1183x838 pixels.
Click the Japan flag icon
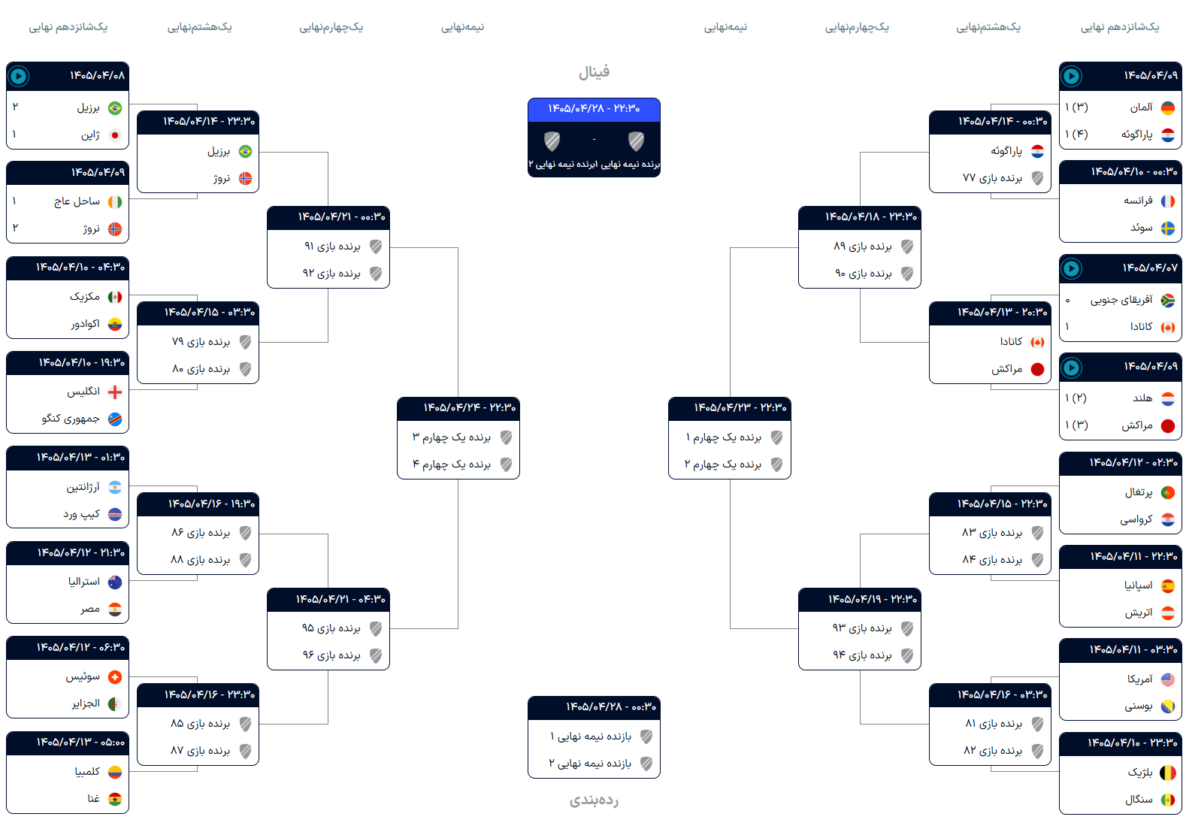114,135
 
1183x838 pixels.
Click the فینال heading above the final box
595,72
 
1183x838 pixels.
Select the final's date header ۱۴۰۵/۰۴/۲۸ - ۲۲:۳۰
595,108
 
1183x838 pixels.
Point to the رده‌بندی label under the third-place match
595,800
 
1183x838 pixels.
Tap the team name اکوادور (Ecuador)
86,324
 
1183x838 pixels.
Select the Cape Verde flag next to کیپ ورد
114,514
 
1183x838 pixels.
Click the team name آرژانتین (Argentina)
83,487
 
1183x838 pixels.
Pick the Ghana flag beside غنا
114,799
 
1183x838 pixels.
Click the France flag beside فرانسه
1168,201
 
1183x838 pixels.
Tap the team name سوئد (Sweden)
1141,228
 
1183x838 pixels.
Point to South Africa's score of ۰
1067,301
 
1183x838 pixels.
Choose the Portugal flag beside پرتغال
1168,493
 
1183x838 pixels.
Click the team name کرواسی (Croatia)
1136,519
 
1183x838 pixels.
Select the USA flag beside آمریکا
1168,679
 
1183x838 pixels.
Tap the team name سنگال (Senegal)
1139,800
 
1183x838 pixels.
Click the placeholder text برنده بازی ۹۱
332,247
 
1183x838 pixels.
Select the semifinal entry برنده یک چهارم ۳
452,437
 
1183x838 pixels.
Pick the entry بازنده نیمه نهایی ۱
591,736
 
